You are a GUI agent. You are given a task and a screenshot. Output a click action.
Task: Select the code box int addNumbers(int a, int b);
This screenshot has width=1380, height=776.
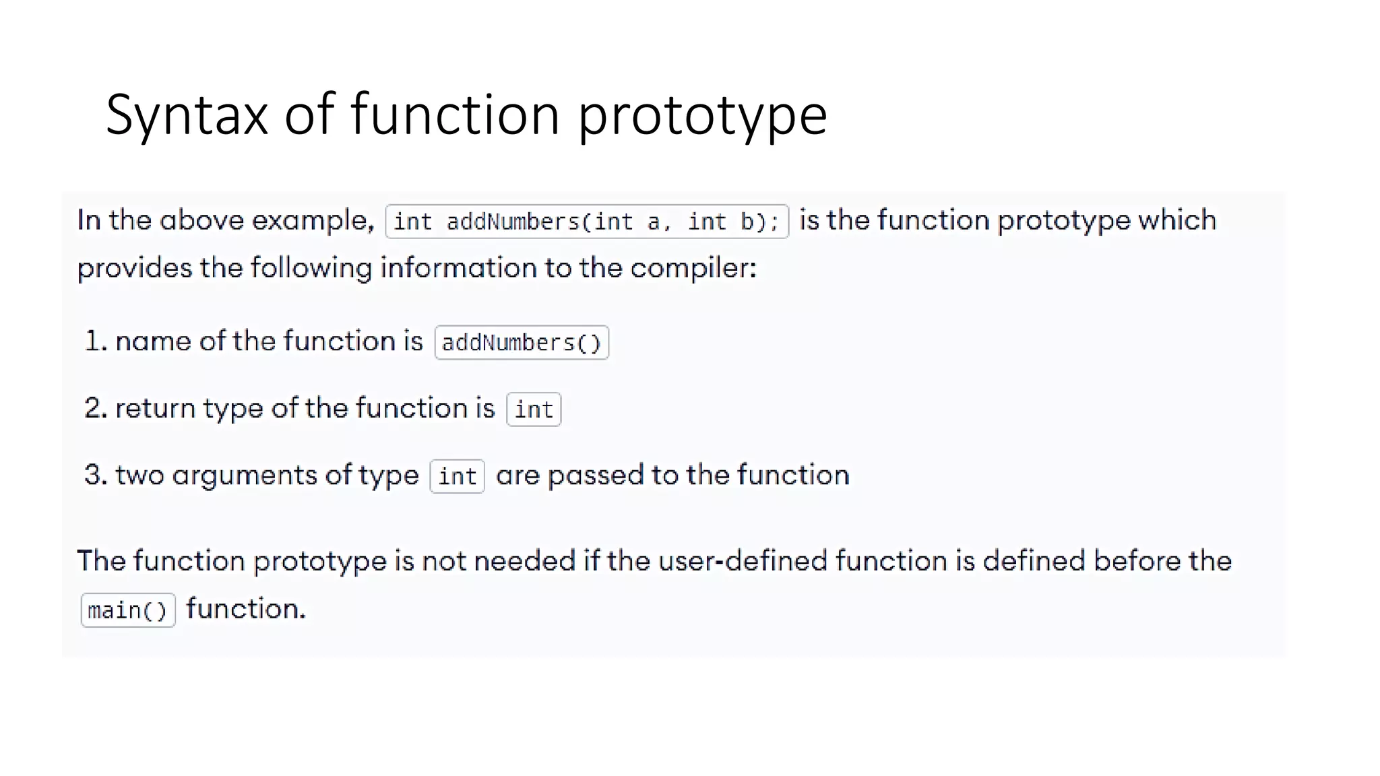click(586, 222)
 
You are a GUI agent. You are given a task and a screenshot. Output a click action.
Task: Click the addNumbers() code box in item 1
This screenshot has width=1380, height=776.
click(522, 343)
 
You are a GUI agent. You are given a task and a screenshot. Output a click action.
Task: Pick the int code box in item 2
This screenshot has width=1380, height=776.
click(534, 410)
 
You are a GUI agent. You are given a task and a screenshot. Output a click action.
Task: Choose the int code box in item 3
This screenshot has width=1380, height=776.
click(457, 476)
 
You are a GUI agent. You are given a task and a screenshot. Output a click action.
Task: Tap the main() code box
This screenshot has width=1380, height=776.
click(127, 610)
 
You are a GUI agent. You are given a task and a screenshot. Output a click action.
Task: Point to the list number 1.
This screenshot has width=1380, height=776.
click(94, 341)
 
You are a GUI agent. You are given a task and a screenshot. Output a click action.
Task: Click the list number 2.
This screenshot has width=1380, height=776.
click(94, 408)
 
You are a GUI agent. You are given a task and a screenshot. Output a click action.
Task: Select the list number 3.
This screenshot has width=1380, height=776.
click(94, 475)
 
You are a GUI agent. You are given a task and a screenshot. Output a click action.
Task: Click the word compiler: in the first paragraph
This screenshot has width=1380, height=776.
click(693, 269)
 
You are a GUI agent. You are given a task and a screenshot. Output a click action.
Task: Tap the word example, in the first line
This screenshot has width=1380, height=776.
click(313, 221)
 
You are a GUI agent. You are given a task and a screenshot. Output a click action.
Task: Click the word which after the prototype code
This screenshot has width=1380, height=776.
click(1177, 220)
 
